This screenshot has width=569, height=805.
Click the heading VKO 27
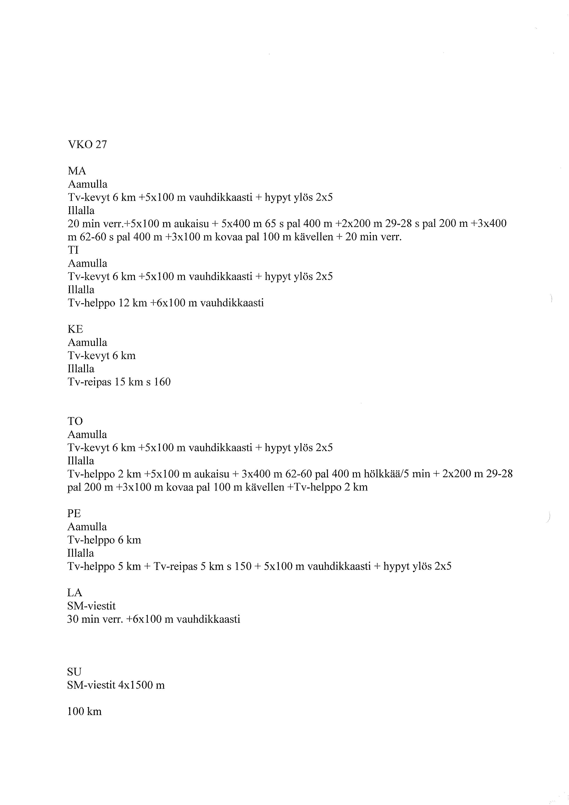coord(87,144)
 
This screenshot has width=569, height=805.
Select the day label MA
coord(77,171)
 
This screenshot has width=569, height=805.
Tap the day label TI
coord(73,250)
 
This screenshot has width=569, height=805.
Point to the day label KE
coord(75,329)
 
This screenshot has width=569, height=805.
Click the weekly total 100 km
coord(84,711)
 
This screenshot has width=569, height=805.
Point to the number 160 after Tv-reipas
coord(162,382)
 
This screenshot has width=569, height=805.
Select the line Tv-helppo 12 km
coord(165,303)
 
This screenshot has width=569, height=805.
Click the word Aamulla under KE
coord(87,342)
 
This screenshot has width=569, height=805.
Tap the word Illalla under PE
coord(81,553)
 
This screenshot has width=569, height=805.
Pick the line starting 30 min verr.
coord(153,619)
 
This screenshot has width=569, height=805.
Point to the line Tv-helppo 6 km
coord(104,540)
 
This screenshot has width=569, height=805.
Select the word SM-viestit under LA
coord(91,606)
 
